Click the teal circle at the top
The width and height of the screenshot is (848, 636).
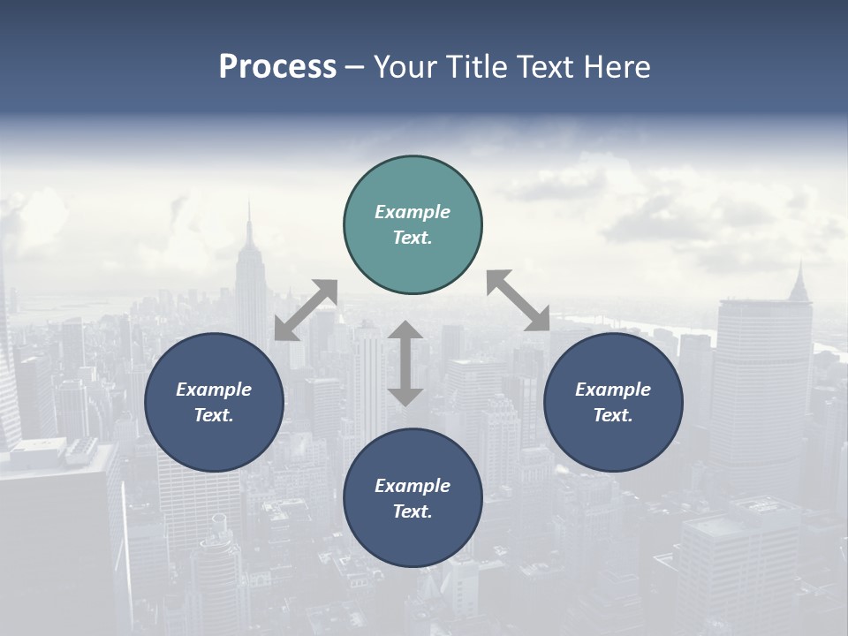coord(413,225)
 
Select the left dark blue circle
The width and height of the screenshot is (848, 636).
coord(214,402)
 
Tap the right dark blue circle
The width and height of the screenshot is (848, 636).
coord(613,402)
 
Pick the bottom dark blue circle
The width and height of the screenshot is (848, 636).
coord(413,498)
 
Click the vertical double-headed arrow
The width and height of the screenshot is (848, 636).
coord(405,363)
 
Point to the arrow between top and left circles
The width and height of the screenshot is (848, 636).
coord(306,310)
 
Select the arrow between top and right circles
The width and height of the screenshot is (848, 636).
coord(519,300)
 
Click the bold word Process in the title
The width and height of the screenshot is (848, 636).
coord(277,67)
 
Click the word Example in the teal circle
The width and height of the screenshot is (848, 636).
coord(413,212)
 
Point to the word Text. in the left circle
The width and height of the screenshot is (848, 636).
coord(214,415)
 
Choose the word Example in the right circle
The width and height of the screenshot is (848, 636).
coord(613,390)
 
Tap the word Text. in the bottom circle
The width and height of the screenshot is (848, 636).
coord(413,511)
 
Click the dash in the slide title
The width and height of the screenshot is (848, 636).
coord(355,68)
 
